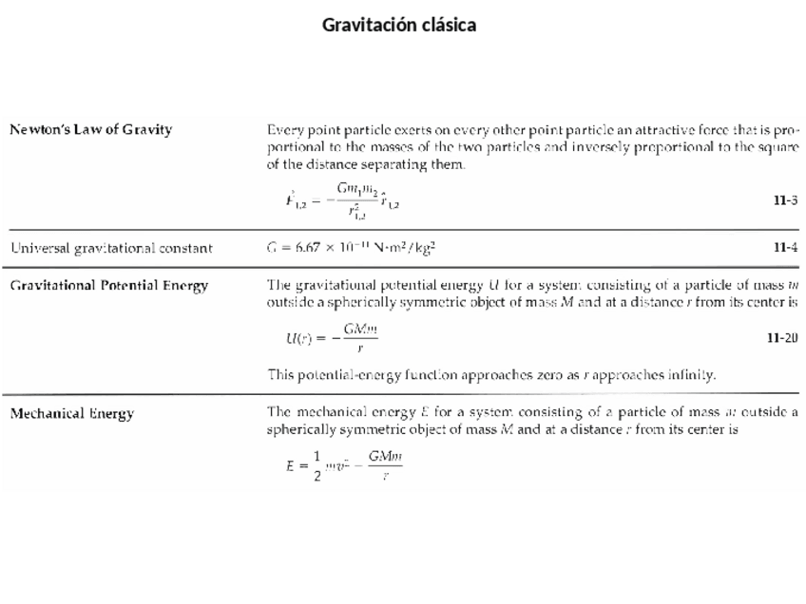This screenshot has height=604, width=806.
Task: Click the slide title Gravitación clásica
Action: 399,25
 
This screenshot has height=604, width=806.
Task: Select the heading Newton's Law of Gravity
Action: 91,130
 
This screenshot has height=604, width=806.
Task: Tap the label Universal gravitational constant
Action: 111,249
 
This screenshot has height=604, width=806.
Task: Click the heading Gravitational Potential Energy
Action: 108,286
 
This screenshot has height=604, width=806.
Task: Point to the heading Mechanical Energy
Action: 72,413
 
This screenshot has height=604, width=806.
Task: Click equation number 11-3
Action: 785,200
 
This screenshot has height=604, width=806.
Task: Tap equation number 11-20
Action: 782,338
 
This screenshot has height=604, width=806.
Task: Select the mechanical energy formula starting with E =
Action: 345,466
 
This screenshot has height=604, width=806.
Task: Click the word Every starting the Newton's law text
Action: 284,130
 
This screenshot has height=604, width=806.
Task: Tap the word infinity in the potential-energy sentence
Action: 689,375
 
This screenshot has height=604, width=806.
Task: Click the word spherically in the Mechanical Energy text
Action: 301,429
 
